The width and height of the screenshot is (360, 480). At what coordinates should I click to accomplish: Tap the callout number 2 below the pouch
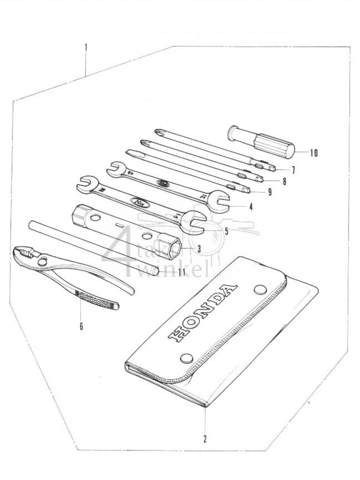[x=205, y=438]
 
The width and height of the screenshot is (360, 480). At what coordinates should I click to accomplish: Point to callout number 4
[x=251, y=207]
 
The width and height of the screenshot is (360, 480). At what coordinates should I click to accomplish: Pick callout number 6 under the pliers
[x=81, y=326]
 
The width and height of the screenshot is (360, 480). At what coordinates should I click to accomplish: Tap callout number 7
[x=293, y=169]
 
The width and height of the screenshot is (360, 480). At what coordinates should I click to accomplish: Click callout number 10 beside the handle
[x=314, y=152]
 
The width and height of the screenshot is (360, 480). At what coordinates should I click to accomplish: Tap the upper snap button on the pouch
[x=259, y=289]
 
